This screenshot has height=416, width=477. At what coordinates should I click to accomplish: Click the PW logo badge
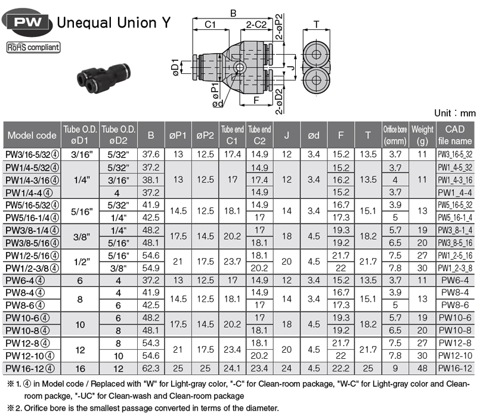[27, 22]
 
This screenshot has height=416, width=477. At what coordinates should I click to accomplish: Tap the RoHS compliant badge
[33, 48]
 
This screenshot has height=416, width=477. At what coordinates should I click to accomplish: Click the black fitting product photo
[104, 77]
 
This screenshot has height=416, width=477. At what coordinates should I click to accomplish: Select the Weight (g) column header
[422, 135]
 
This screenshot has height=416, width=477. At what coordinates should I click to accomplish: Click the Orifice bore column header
[395, 135]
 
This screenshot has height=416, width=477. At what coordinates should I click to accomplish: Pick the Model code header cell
[32, 135]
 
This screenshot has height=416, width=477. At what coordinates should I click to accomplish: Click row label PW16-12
[30, 368]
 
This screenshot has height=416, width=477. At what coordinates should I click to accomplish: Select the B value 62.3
[151, 368]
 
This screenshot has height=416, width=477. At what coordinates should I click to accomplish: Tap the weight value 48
[422, 368]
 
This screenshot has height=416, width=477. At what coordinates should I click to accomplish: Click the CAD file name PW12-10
[455, 355]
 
